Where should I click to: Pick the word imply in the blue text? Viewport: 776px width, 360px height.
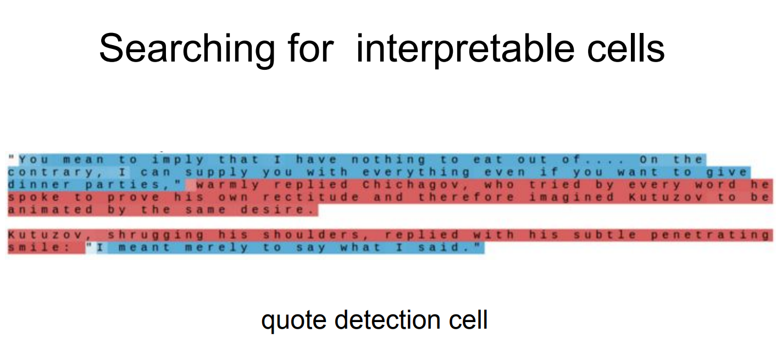point(178,160)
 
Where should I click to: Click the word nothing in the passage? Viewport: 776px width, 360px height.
point(389,160)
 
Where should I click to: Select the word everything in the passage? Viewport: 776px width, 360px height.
point(416,172)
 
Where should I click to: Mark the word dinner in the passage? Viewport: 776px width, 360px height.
point(39,185)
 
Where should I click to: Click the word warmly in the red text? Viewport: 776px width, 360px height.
point(228,185)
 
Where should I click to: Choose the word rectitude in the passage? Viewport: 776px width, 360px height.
point(311,197)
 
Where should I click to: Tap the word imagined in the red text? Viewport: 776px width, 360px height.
point(571,197)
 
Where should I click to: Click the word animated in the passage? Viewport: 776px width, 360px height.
point(51,209)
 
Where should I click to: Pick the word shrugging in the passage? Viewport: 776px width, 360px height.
point(156,235)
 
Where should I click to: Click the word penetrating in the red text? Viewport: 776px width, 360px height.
point(710,235)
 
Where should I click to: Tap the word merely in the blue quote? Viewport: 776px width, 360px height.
point(217,247)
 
